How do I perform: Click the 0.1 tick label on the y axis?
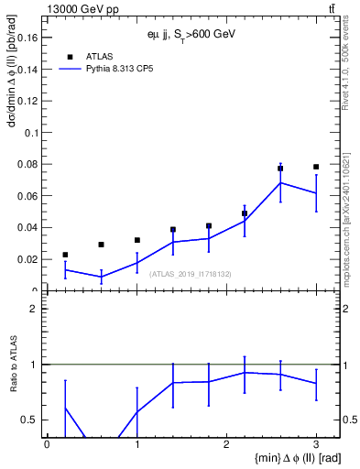(31, 133)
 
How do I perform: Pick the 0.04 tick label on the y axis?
(28, 227)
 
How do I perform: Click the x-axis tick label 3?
(316, 443)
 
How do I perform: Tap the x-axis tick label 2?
(226, 443)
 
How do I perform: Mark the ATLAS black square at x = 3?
(316, 167)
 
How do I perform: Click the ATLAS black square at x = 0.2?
(65, 255)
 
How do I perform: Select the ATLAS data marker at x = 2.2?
(245, 213)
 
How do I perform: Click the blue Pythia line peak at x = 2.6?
(280, 182)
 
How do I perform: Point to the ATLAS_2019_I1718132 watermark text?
(191, 273)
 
